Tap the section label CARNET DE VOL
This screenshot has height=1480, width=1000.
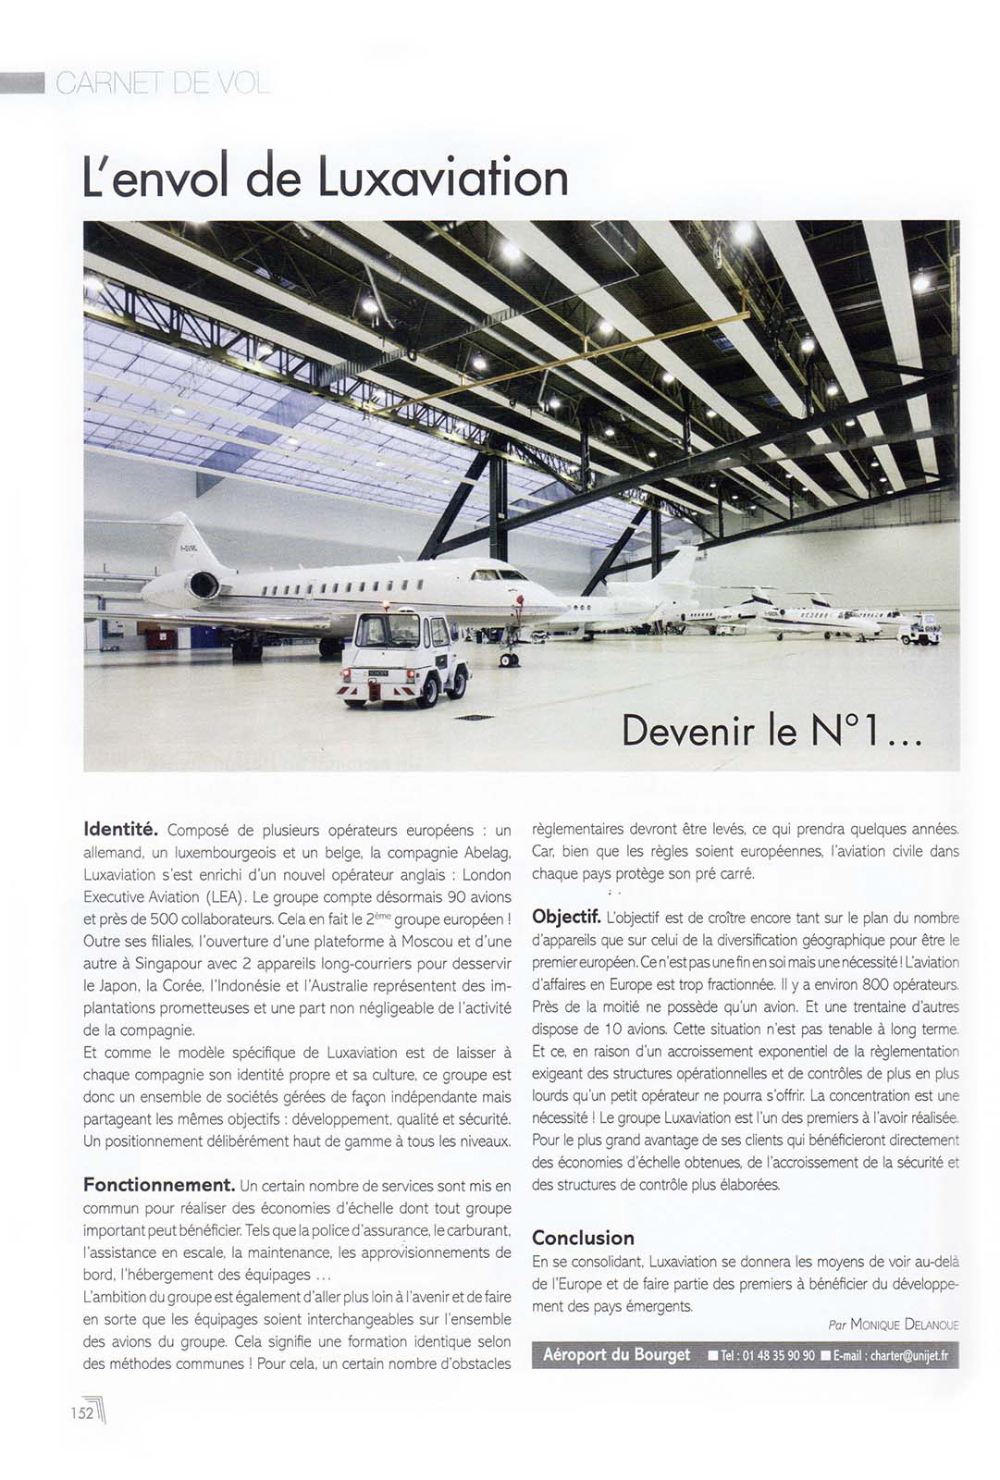pos(163,84)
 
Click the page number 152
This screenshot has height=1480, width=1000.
pos(81,1412)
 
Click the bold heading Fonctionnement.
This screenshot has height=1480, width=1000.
pos(158,1185)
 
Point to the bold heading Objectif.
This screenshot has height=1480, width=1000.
pos(566,917)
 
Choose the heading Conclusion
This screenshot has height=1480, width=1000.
pos(583,1238)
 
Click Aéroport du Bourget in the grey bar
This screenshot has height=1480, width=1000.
pos(616,1354)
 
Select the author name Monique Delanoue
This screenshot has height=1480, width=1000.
pos(904,1325)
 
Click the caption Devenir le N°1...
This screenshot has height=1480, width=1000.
pos(772,731)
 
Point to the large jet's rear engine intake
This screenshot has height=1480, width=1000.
pos(203,585)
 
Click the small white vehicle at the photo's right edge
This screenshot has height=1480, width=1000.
pos(920,633)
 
